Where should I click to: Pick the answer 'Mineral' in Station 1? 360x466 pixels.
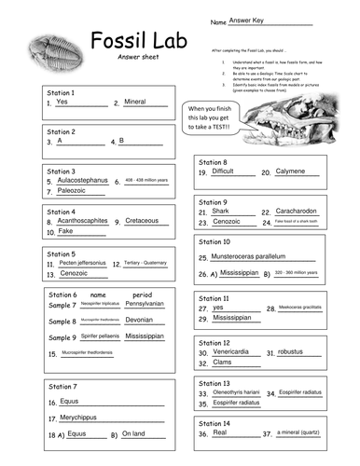tap(135, 102)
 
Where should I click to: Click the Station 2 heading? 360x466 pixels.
tap(62, 131)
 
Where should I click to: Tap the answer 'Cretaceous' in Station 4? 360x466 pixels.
tap(141, 221)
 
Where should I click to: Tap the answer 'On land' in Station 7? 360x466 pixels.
tap(133, 433)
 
